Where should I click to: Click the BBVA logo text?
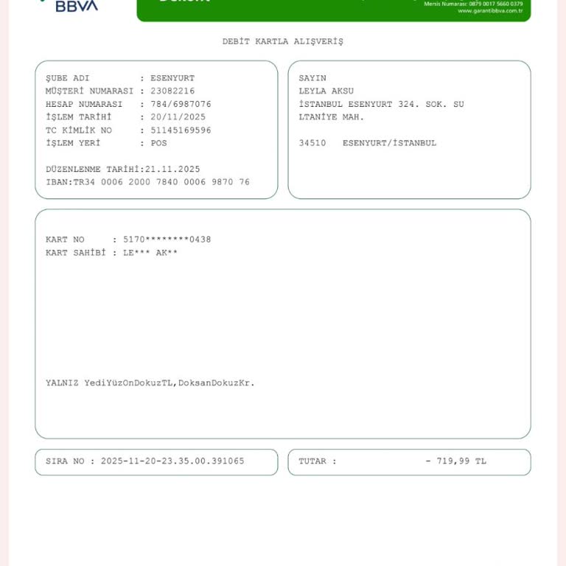point(77,6)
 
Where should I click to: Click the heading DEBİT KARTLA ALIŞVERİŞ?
point(282,41)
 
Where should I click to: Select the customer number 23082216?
point(172,91)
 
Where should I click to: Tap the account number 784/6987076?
point(181,105)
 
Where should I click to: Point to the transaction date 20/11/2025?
point(178,117)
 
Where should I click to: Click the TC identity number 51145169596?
point(181,130)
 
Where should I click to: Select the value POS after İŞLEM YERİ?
point(158,143)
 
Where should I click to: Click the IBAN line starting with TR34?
point(147,182)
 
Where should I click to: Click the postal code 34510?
point(312,143)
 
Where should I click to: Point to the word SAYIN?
point(312,78)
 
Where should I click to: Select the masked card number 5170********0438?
point(167,240)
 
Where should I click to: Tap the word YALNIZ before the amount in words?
point(62,383)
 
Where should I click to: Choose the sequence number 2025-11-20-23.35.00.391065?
point(172,461)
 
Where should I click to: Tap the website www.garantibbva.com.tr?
point(489,11)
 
